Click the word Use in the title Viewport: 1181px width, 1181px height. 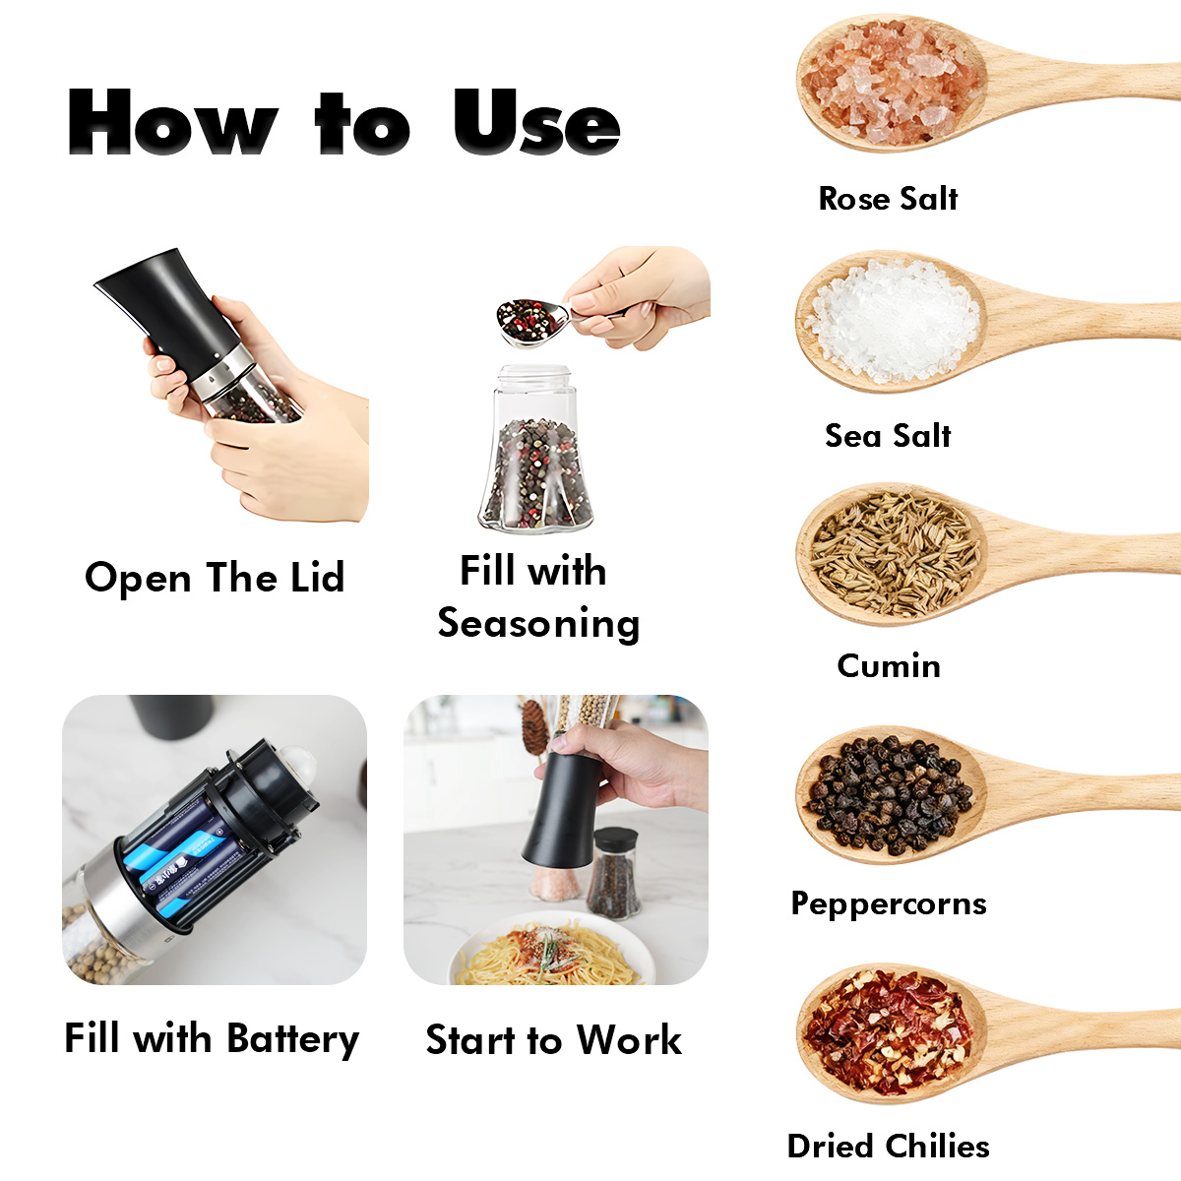(x=537, y=122)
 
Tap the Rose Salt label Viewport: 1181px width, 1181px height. (x=888, y=199)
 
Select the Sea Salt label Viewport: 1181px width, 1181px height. (x=888, y=436)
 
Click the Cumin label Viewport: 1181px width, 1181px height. (x=889, y=665)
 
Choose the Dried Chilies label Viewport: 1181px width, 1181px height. (x=889, y=1147)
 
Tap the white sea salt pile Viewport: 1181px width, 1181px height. (x=893, y=319)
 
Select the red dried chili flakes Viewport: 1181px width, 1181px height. (x=889, y=1032)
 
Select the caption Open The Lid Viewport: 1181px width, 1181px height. (x=215, y=578)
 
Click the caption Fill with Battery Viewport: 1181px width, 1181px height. (x=212, y=1039)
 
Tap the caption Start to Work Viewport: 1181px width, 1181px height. (x=553, y=1040)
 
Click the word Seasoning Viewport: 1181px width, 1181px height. (x=538, y=624)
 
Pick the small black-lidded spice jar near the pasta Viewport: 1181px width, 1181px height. (x=613, y=873)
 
